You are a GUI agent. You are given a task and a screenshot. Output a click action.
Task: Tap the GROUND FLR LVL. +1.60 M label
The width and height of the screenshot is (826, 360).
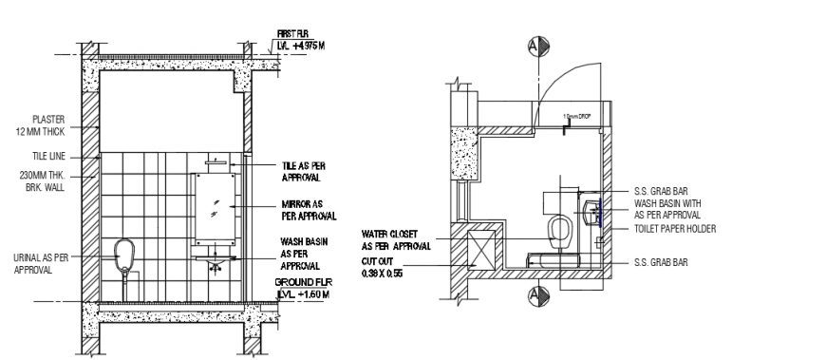pos(302,289)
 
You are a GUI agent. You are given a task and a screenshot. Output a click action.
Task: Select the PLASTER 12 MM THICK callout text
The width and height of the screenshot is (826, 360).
pos(47,124)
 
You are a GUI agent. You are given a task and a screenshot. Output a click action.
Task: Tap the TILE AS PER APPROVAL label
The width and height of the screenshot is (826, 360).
pos(305,171)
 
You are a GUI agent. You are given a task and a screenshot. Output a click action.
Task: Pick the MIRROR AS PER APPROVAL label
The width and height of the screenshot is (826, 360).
pos(305,210)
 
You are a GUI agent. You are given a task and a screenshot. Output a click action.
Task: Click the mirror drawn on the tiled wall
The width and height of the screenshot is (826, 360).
pos(216,205)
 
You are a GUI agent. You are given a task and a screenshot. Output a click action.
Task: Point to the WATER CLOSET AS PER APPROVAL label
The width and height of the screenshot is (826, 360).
pos(395,239)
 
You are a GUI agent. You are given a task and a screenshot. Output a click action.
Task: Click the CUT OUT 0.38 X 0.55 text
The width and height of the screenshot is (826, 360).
pos(382,267)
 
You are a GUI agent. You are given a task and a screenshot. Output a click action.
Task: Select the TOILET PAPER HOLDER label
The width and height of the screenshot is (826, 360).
pos(674,229)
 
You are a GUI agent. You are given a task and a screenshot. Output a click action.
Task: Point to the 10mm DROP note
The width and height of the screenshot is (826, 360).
pos(578,116)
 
